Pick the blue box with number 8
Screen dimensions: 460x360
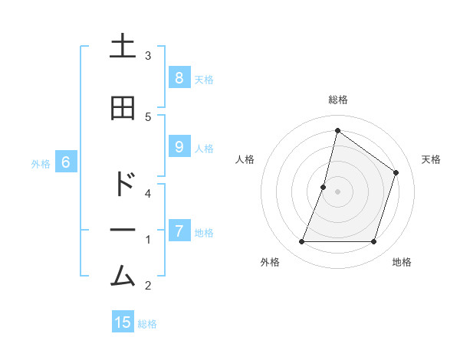coord(179,77)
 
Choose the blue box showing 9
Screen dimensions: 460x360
coord(179,148)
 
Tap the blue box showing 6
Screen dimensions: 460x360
coord(66,162)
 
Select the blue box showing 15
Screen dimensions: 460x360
coord(123,322)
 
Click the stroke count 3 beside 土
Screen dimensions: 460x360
coord(148,55)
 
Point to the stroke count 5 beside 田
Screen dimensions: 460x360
coord(148,116)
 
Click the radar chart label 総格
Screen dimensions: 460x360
coord(337,100)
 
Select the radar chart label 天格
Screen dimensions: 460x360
coord(431,159)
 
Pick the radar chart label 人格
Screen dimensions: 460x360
coord(245,159)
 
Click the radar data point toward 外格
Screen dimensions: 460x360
coord(301,242)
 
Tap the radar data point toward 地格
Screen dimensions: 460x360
coord(373,242)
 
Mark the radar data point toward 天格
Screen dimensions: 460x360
coord(396,172)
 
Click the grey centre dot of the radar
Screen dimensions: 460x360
coord(337,191)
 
